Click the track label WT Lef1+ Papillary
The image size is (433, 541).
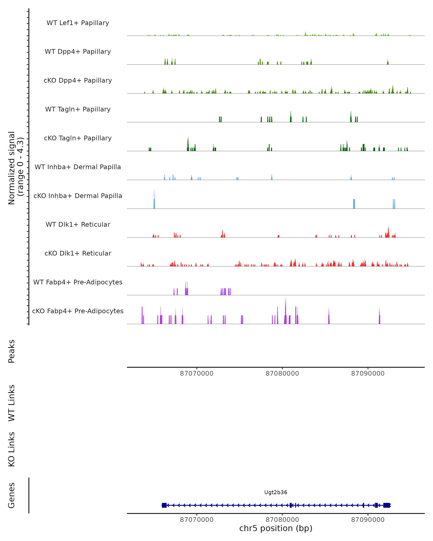click(78, 23)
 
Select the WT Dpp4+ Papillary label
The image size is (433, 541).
click(78, 52)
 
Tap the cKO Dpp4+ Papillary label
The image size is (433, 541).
click(78, 81)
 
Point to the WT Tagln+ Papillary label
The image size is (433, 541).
click(78, 109)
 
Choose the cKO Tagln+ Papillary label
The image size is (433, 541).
click(78, 138)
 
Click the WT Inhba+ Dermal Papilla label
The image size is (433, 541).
click(78, 167)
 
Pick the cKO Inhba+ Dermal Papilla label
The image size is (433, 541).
click(78, 196)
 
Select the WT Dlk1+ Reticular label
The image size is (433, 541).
click(78, 225)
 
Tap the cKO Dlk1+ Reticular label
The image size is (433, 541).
click(78, 253)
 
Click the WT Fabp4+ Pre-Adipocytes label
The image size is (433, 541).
click(78, 282)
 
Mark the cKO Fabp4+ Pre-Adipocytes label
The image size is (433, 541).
click(78, 311)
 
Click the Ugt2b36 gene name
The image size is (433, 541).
click(276, 492)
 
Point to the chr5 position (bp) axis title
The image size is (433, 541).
click(276, 528)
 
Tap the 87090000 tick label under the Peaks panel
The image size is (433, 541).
click(368, 373)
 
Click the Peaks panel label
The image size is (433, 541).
click(12, 351)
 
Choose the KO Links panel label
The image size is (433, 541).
click(12, 449)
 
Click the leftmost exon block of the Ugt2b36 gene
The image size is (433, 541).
click(164, 505)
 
